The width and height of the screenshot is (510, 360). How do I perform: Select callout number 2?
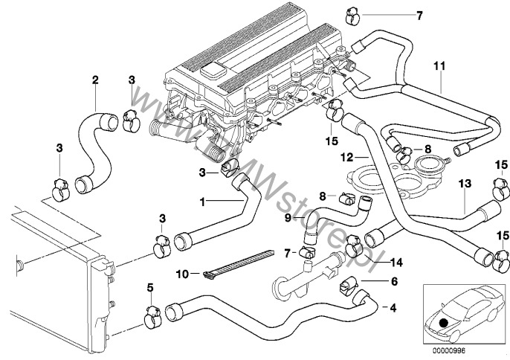tap(94, 80)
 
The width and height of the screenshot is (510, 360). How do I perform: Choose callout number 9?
tap(288, 217)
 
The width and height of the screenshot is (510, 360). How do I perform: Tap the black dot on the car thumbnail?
tap(444, 322)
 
